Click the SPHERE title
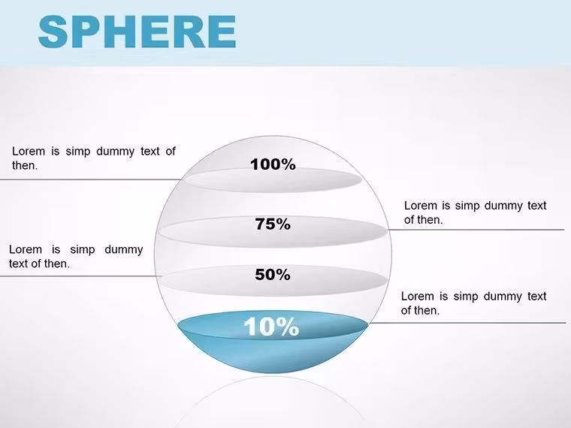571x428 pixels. pos(137,32)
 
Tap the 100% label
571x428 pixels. pos(273,164)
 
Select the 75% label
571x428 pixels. pos(273,224)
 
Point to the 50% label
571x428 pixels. pos(273,274)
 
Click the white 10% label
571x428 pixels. pos(271,327)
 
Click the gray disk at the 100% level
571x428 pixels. pos(273,179)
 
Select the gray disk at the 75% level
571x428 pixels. pos(273,231)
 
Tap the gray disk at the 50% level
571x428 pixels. pos(273,281)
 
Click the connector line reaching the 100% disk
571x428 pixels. pos(91,179)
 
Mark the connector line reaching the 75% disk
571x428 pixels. pos(476,230)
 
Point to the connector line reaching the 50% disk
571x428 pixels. pos(80,276)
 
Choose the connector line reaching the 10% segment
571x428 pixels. pos(467,323)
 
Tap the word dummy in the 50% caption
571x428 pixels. pos(123,249)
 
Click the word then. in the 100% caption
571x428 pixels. pos(25,165)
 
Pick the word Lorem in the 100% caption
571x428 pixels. pos(29,151)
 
